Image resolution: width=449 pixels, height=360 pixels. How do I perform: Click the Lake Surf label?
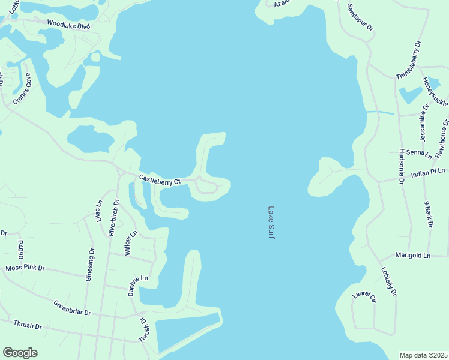point(271,223)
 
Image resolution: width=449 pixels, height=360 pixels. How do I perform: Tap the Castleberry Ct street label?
point(160,179)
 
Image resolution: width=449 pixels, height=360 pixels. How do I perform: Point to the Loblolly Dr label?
point(388,281)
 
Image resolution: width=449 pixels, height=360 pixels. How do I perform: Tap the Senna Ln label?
point(419,154)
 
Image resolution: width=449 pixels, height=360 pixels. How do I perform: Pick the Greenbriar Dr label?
point(71,308)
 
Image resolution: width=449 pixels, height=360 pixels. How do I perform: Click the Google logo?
point(20,353)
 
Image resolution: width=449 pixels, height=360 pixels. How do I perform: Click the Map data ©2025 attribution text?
point(423,355)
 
